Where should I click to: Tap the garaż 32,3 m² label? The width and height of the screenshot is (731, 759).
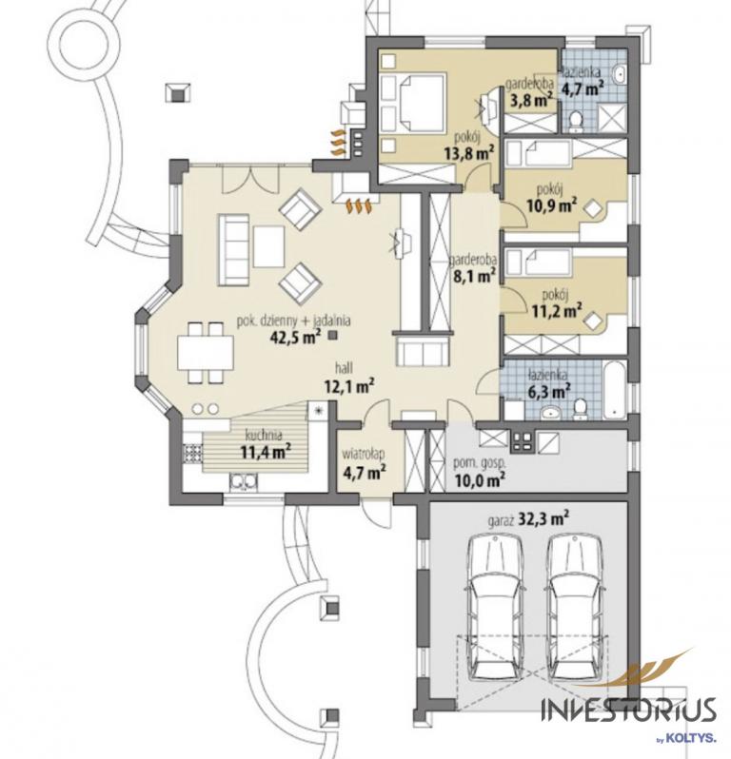tap(528, 519)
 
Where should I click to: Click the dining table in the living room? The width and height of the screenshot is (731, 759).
tap(206, 353)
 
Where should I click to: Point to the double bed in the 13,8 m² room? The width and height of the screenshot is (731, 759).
tap(413, 103)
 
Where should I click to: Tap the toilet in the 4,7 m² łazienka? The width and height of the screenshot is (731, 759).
tap(576, 122)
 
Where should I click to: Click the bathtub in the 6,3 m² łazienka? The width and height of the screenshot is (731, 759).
tap(615, 389)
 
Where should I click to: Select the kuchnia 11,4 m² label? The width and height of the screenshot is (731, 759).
tap(266, 444)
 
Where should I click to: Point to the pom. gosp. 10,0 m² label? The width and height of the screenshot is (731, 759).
tap(480, 472)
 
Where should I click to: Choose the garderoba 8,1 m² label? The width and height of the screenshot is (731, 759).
tap(473, 268)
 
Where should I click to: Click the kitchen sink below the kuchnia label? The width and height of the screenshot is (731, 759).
tap(244, 481)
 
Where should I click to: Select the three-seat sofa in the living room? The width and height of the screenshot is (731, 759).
tap(233, 250)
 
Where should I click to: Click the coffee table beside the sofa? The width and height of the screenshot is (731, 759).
tap(268, 247)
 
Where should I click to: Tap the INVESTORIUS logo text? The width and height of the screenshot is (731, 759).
tap(628, 710)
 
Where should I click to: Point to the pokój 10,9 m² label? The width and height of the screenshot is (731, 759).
tap(551, 199)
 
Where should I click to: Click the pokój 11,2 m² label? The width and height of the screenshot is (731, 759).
tap(557, 303)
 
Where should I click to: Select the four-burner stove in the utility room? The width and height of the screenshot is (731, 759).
tap(523, 440)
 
